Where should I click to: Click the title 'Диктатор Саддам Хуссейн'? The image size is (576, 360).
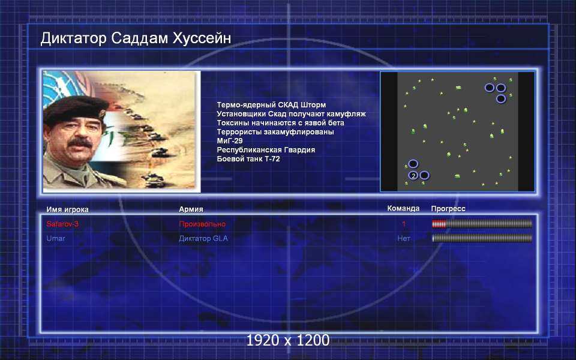point(136,38)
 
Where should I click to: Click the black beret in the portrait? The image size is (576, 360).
point(76,109)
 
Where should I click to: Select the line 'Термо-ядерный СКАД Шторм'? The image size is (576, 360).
point(271,105)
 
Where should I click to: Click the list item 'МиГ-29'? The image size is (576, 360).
point(230,140)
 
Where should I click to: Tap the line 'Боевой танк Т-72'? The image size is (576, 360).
point(248,158)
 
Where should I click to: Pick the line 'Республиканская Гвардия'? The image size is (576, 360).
point(266,150)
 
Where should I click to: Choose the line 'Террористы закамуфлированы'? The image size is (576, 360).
point(275,132)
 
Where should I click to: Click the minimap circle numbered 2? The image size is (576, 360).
point(413,176)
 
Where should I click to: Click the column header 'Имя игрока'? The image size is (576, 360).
point(67,209)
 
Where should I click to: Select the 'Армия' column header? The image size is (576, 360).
point(191,209)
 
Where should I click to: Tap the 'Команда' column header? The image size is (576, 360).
point(403,208)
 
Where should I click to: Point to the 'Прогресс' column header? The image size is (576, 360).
point(448,209)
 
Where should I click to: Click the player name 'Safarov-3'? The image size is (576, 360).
point(62,224)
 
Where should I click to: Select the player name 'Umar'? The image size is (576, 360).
point(56,238)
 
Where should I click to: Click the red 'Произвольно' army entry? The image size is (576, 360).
point(202,224)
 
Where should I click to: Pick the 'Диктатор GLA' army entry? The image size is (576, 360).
point(203,238)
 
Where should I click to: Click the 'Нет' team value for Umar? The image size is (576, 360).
point(404,238)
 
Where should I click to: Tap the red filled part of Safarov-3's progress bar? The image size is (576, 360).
point(439,224)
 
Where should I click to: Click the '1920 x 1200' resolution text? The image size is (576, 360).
point(287,340)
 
